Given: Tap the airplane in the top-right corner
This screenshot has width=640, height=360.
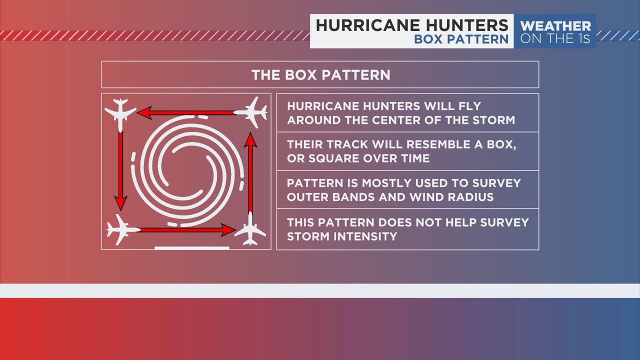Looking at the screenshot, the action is pos(252,112).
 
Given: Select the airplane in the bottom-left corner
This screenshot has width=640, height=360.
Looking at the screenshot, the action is pos(122,229).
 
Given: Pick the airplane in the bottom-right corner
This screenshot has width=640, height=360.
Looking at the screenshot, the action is pos(250,229).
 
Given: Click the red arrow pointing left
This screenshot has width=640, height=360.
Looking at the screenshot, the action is pos(186,112).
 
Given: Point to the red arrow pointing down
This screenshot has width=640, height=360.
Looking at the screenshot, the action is pos(120,171).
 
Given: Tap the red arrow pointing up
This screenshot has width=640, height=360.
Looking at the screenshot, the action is pos(250,173).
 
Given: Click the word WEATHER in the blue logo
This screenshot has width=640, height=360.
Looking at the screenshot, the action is pos(555,26).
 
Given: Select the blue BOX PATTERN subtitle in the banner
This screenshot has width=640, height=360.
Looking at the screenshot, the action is pos(461,39).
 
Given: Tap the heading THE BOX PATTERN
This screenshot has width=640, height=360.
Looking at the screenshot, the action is pos(321,75).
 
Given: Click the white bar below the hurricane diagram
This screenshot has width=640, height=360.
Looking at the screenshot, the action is pos(192,248).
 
